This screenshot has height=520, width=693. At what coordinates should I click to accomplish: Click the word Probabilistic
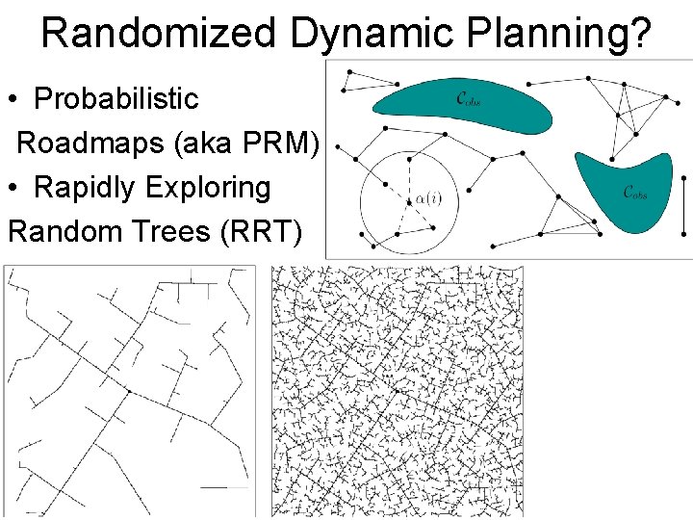pyautogui.click(x=115, y=98)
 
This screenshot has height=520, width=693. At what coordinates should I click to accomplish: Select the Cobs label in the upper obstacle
pyautogui.click(x=468, y=97)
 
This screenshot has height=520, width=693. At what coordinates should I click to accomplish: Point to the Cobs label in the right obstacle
pyautogui.click(x=634, y=192)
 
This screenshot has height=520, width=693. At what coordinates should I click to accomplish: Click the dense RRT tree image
pyautogui.click(x=399, y=390)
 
